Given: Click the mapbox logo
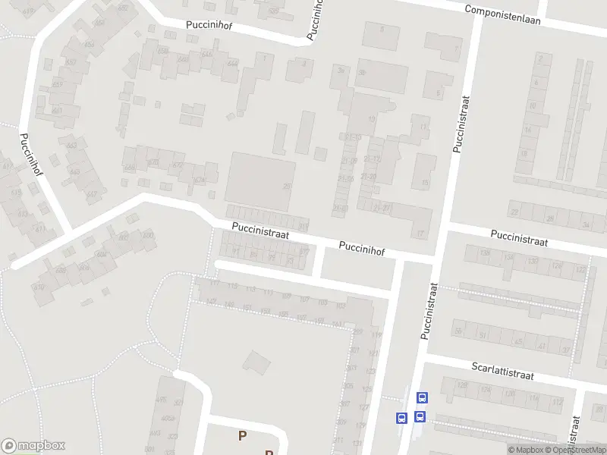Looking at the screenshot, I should click(33, 446).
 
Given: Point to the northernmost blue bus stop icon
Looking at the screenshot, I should click(423, 397).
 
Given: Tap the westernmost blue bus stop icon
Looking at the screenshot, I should click(401, 417).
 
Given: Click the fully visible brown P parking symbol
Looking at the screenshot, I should click(242, 435).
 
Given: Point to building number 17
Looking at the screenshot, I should click(420, 232).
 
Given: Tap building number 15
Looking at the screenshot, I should click(425, 183).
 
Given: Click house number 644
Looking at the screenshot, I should click(231, 64).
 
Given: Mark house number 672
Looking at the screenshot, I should click(178, 165).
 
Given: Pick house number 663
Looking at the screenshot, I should click(72, 146).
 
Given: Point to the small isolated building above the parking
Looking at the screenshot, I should click(258, 361).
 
